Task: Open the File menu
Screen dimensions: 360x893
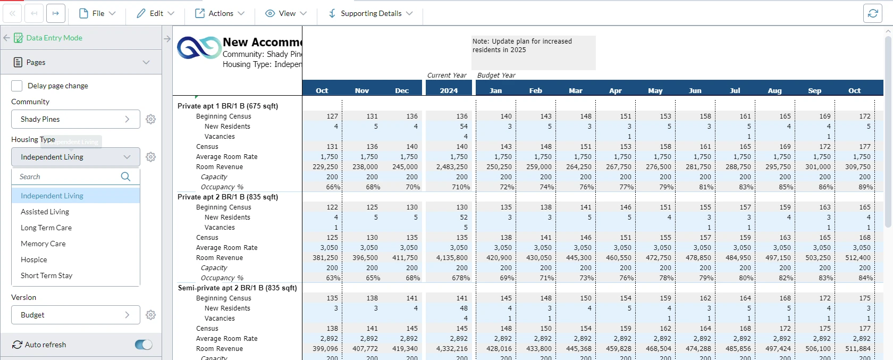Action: [x=97, y=13]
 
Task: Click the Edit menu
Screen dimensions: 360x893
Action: [x=155, y=13]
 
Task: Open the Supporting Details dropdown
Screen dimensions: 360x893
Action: [x=370, y=13]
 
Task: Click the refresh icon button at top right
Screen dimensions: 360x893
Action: [x=872, y=13]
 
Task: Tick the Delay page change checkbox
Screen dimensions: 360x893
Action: [x=17, y=86]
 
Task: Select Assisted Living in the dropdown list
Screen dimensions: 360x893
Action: [x=45, y=212]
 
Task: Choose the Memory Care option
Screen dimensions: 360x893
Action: [x=43, y=244]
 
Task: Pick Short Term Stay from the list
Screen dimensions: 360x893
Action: [x=46, y=275]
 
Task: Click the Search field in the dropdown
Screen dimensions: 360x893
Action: [x=66, y=177]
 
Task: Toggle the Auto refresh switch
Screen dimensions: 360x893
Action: [x=144, y=345]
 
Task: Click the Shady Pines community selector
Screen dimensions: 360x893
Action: [x=75, y=119]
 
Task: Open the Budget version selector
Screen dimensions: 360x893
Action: [x=75, y=315]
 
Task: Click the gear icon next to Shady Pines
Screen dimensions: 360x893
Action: [x=151, y=119]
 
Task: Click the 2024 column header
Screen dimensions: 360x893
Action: [x=449, y=90]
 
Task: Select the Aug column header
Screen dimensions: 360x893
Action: [x=774, y=90]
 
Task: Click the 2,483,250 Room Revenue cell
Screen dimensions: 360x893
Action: [x=452, y=167]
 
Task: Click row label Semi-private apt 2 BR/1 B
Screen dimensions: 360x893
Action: [x=237, y=288]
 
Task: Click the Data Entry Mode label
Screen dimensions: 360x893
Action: [x=54, y=38]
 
